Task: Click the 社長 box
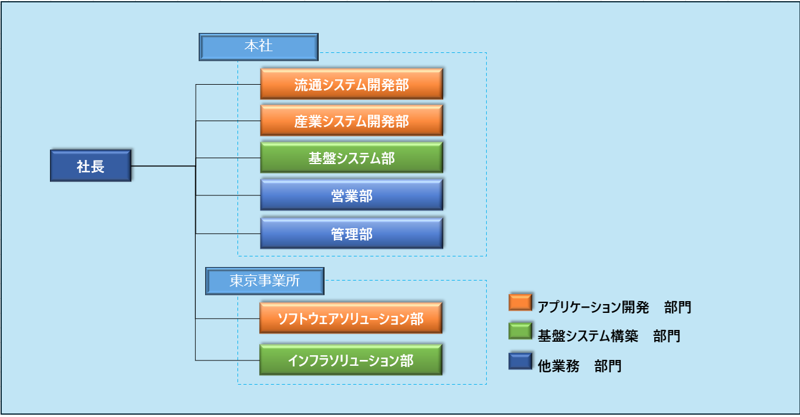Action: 91,166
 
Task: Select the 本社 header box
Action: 259,47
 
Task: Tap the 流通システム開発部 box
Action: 352,84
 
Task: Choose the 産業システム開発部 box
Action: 352,121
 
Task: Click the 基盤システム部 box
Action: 352,158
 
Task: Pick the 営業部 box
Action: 352,195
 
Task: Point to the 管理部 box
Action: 352,233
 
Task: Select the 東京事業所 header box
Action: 265,281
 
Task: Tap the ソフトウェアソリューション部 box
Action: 351,318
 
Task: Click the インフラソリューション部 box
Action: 351,360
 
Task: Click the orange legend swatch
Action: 520,302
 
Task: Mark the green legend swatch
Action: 520,331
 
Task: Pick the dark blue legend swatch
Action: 520,361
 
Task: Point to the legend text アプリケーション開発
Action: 593,307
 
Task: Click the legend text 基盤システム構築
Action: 588,336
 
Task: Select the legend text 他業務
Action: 558,366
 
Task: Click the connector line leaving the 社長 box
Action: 163,166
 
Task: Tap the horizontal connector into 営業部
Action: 228,195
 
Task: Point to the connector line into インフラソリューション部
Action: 227,360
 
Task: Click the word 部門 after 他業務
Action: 608,366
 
